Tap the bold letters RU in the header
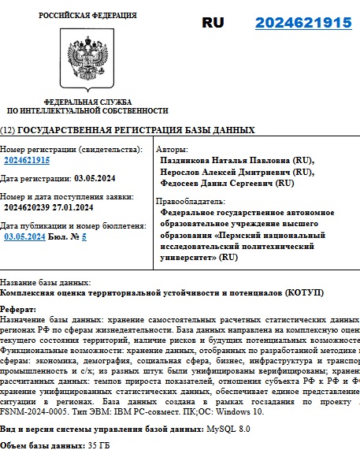tap(213, 23)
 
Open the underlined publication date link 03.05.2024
tap(24, 236)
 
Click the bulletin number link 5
tap(84, 236)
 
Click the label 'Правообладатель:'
tap(190, 201)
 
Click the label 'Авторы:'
tap(173, 148)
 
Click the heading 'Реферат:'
tap(18, 309)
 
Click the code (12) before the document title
tap(8, 130)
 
